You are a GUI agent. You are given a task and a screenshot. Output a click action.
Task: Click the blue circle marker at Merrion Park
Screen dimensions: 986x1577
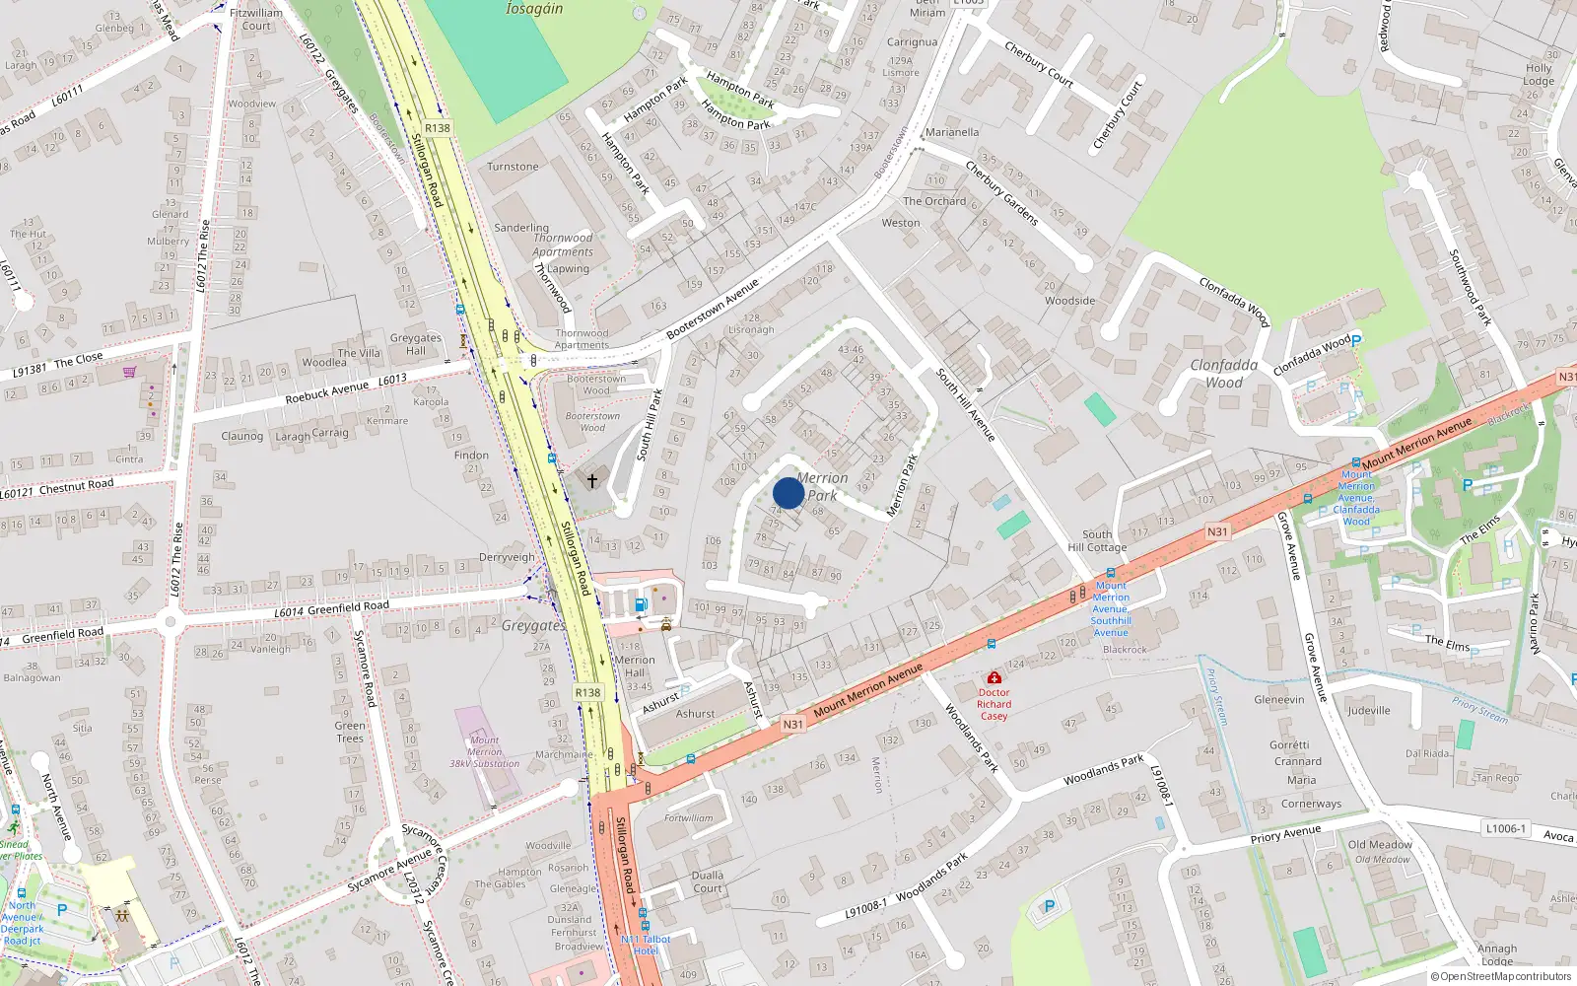788,493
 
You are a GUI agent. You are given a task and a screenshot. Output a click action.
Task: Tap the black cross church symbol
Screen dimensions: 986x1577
592,481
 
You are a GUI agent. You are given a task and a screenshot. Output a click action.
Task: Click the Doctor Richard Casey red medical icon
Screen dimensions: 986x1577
994,678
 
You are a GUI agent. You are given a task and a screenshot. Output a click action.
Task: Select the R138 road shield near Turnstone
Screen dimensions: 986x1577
438,128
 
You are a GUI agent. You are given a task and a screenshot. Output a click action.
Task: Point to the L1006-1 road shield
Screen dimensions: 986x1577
1505,828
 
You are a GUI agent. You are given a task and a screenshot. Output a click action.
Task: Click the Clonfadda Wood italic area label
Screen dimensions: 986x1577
1224,374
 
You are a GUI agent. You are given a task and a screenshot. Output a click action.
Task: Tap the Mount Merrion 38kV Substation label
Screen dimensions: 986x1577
484,751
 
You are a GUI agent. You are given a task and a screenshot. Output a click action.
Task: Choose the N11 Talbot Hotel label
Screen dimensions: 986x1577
646,945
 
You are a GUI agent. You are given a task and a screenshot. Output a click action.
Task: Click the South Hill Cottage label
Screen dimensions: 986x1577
1097,540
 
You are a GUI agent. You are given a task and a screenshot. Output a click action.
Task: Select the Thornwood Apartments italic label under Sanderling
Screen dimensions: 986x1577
563,245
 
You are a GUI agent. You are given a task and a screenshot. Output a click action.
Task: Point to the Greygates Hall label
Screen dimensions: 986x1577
416,344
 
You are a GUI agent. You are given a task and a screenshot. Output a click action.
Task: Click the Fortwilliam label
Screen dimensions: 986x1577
688,818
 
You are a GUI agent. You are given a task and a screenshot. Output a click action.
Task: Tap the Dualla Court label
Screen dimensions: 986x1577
708,881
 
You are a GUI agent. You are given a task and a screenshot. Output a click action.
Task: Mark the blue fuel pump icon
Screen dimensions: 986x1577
641,604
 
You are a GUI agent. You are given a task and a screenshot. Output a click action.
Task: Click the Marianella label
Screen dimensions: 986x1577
952,132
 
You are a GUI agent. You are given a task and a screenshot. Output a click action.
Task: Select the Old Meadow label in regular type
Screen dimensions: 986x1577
1380,844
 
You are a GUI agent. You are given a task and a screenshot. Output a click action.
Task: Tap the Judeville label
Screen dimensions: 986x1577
1369,710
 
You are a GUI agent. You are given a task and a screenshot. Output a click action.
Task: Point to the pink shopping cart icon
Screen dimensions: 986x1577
129,372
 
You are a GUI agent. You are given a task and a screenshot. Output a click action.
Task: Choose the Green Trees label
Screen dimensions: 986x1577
350,732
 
